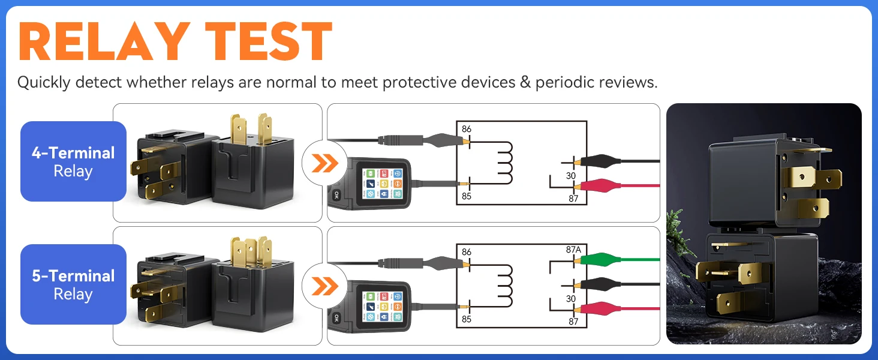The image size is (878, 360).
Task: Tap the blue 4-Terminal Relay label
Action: [73, 161]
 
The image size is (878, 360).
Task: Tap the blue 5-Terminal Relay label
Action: [73, 284]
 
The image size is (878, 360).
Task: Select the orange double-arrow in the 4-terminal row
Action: [324, 163]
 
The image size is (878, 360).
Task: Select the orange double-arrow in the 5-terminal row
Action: [324, 286]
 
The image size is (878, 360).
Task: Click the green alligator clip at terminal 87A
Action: [600, 260]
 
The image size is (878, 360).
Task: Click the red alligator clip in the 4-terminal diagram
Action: [600, 185]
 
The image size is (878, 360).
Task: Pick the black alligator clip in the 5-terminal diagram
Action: [600, 284]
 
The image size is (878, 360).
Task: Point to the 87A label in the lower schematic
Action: [574, 249]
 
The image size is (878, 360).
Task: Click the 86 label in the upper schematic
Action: [467, 128]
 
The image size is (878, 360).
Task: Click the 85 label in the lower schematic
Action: [467, 319]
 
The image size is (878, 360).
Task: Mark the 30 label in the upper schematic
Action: [571, 176]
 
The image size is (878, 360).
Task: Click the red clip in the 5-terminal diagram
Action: [600, 309]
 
